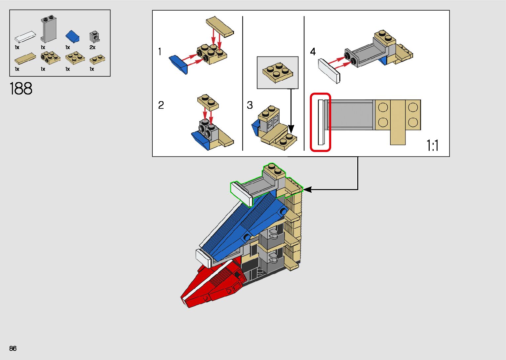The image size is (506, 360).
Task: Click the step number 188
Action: click(x=21, y=89)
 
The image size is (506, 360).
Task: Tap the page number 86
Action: click(x=13, y=348)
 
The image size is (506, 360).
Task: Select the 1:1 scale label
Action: click(x=432, y=145)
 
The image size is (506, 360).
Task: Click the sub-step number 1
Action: click(x=160, y=52)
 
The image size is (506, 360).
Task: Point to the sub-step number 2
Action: click(x=161, y=105)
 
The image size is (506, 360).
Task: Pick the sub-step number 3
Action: click(x=250, y=105)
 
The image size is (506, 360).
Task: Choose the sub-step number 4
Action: click(x=313, y=52)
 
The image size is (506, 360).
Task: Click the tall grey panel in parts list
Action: click(x=49, y=29)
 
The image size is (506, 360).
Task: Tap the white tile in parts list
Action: click(x=25, y=36)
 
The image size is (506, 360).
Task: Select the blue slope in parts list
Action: click(x=73, y=36)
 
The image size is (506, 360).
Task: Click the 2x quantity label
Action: click(x=93, y=48)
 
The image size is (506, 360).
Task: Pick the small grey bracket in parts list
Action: click(x=95, y=36)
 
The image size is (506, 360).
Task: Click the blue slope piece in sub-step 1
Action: click(x=179, y=65)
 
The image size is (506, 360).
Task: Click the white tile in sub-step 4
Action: click(x=329, y=71)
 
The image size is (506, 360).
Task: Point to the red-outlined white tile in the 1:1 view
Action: click(x=321, y=122)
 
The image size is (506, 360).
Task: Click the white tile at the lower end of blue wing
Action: click(x=204, y=258)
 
